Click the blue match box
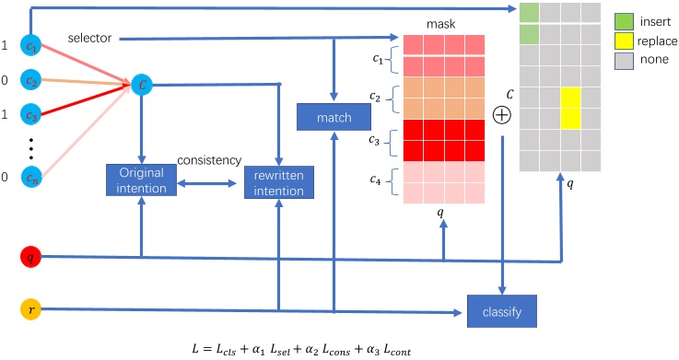333,117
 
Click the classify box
501,312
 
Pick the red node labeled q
32,259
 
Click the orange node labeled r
32,311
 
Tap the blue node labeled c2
32,81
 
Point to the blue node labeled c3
32,116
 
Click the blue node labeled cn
32,177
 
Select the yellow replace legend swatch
624,41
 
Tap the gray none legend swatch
624,62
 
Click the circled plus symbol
502,116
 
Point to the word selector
90,38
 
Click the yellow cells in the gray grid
569,108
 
